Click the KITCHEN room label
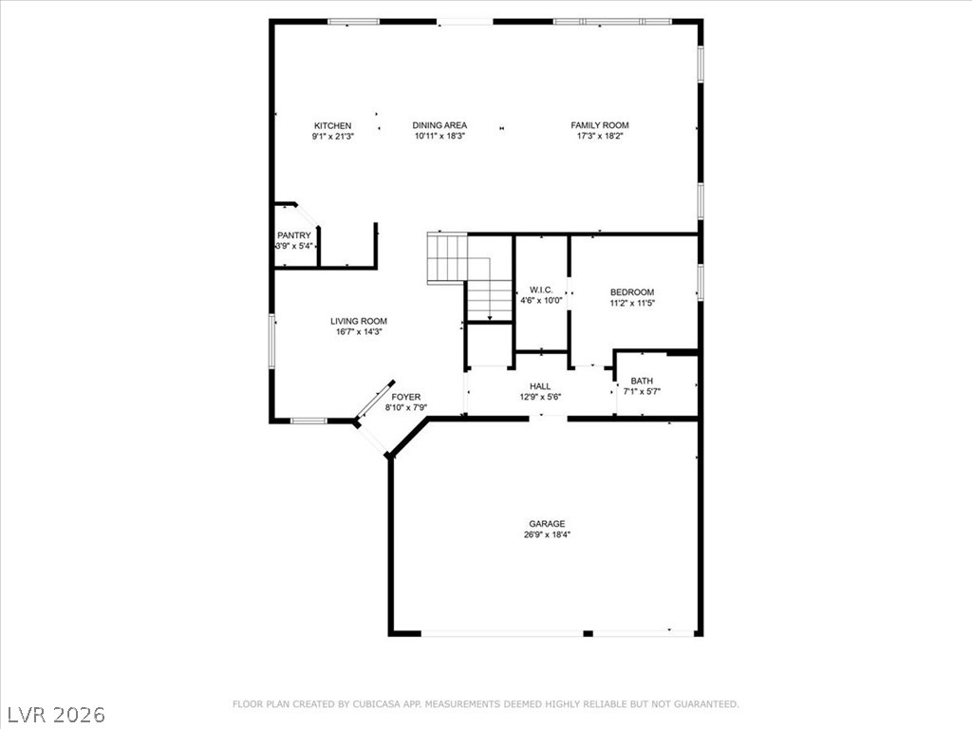coord(332,125)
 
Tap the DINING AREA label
coord(439,125)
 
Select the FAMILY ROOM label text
coord(599,125)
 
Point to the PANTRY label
coord(293,235)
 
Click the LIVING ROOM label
coord(358,321)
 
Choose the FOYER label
coord(405,397)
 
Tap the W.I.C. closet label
coord(541,290)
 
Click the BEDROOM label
coord(631,292)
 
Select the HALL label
coord(540,386)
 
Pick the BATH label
coord(642,381)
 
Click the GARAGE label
coord(547,523)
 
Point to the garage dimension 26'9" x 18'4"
coord(547,534)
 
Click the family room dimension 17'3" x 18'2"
coord(599,136)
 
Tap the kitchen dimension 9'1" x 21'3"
coord(332,136)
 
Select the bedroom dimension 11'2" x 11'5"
coord(632,303)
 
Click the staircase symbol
coord(468,275)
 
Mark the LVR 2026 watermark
coord(56,714)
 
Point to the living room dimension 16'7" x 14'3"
coord(358,332)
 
